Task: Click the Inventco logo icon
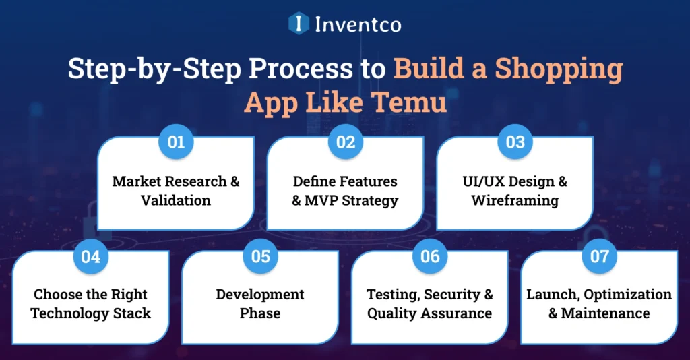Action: click(x=299, y=24)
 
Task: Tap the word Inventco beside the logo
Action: click(x=358, y=25)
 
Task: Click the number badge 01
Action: click(x=176, y=143)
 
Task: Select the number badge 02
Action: click(x=346, y=143)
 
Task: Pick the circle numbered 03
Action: click(x=515, y=143)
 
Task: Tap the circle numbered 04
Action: click(x=91, y=257)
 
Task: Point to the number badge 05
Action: click(x=260, y=257)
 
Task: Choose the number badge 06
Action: click(x=430, y=257)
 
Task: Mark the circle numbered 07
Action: click(x=599, y=257)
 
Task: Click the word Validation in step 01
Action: click(x=176, y=200)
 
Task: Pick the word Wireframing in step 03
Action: click(x=515, y=200)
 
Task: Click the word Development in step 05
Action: click(x=260, y=295)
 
